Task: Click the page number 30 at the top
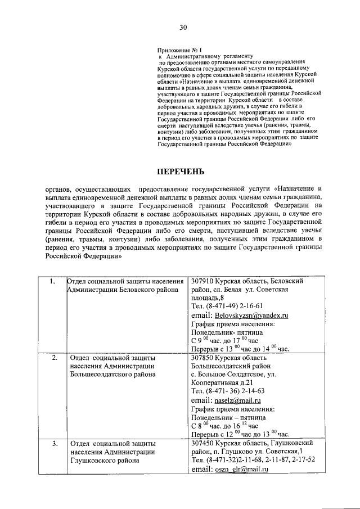[x=183, y=27]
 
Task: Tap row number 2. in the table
[x=54, y=357]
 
